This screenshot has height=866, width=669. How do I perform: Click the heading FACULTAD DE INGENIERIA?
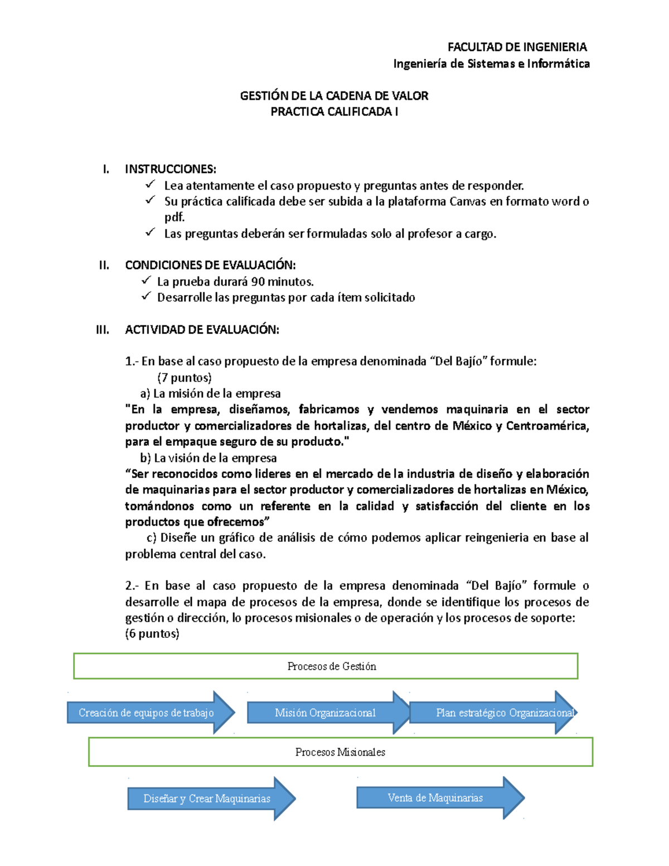tap(517, 47)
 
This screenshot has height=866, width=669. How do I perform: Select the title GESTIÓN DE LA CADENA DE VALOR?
tap(334, 96)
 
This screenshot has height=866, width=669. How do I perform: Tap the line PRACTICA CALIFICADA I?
tap(334, 112)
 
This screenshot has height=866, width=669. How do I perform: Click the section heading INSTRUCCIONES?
tap(171, 169)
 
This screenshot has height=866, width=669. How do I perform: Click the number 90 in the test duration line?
tap(258, 282)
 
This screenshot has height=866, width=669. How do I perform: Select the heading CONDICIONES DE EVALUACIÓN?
tap(210, 265)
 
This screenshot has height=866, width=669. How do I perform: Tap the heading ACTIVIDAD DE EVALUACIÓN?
tap(202, 330)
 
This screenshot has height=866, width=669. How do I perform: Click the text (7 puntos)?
tap(185, 378)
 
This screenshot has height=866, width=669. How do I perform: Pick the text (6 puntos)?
tap(152, 633)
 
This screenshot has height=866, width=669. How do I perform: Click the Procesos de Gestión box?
tap(326, 666)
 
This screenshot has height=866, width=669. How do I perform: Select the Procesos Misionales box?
tap(340, 752)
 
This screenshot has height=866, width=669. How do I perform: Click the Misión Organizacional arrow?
tap(326, 713)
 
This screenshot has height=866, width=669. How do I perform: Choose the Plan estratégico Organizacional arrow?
tap(493, 713)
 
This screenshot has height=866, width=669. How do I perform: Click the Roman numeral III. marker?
tap(103, 330)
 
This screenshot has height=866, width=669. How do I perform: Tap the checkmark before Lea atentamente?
tap(150, 185)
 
